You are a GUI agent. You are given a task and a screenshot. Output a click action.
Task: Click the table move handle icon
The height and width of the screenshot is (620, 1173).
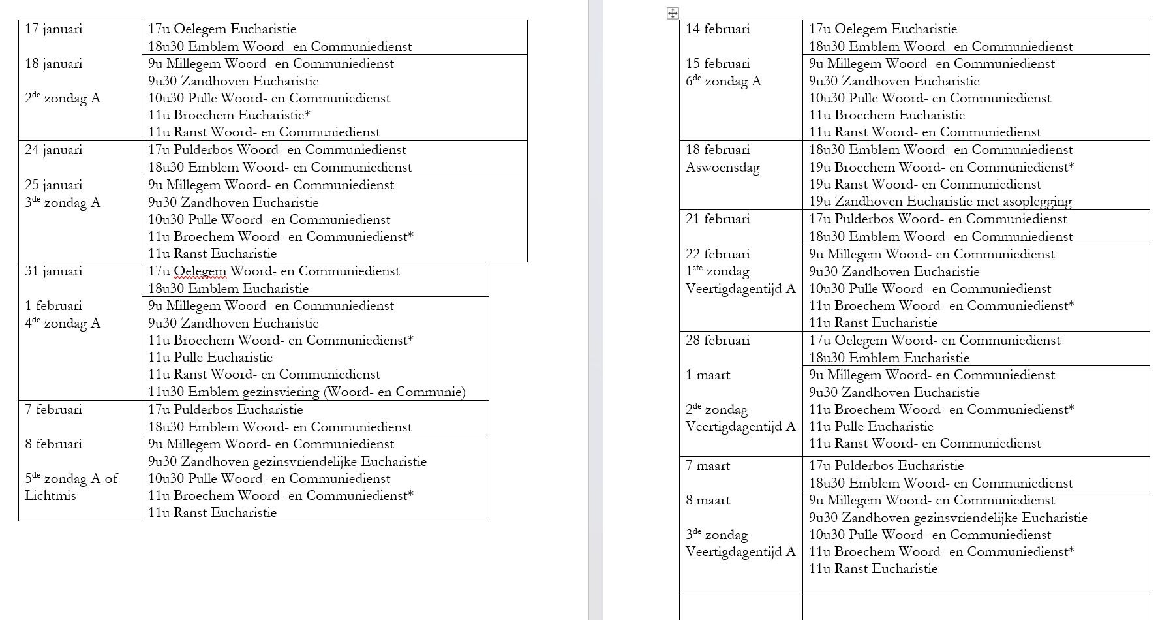pos(673,13)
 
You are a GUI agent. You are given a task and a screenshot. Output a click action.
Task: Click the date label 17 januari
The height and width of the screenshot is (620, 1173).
pos(53,29)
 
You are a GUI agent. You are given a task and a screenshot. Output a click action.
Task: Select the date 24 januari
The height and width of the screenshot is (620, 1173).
pos(53,150)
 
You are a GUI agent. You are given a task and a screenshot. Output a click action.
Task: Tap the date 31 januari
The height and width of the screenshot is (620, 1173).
pos(53,271)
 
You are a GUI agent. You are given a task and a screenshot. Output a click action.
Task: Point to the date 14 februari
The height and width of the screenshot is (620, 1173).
pos(718,29)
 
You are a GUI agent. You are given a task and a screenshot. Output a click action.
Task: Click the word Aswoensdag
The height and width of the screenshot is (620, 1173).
pos(722,168)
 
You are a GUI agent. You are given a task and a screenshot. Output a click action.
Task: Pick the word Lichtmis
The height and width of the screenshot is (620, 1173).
pos(50,496)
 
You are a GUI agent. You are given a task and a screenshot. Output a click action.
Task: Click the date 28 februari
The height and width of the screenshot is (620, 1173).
pos(718,341)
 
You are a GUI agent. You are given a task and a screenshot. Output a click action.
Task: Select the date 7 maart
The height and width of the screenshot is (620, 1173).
pos(708,466)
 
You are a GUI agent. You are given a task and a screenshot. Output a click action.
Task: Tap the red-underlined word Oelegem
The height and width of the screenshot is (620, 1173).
pos(200,271)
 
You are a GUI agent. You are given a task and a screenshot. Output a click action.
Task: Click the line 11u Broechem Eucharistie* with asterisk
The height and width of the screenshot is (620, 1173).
pos(229,116)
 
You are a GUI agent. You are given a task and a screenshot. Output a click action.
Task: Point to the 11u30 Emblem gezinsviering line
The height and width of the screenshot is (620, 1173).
pos(307,392)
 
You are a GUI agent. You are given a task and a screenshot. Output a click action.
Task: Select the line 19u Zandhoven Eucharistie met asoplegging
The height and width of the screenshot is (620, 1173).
pos(940,202)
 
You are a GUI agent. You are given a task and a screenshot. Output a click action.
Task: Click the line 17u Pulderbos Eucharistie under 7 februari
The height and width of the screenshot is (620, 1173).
pos(226,410)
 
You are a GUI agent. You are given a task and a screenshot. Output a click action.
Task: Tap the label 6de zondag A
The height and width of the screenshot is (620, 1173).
pos(724,82)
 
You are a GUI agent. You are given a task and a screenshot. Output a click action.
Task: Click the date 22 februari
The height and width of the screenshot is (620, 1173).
pos(718,255)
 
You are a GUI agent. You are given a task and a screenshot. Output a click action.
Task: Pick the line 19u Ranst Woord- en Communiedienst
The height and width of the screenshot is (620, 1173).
pos(925,185)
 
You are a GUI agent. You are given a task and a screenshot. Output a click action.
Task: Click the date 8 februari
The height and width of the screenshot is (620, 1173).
pos(53,444)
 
